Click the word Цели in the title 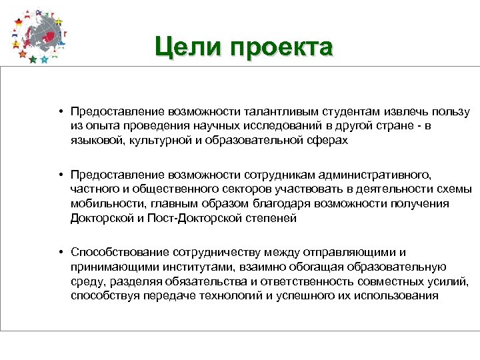pos(187,47)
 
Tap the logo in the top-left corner pos(39,35)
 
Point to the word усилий pos(451,281)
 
